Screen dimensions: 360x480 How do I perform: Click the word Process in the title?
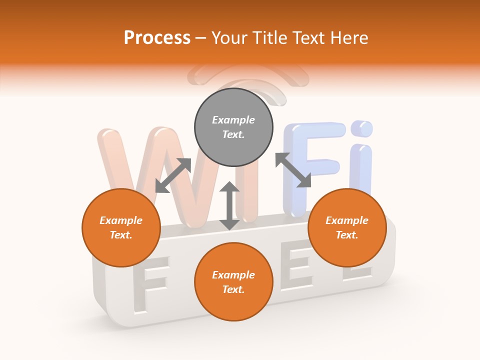pos(157,38)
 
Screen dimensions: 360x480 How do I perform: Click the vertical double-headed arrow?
pos(229,205)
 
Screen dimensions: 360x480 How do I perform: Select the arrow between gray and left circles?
pos(173,175)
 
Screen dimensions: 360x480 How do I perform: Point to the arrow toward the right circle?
pos(293,170)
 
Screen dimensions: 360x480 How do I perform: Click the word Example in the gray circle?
pos(233,120)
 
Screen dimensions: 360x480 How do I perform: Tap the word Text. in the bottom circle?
pos(233,289)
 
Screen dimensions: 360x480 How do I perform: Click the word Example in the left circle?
pos(121,220)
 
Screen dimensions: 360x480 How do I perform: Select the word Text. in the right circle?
pos(347,235)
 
